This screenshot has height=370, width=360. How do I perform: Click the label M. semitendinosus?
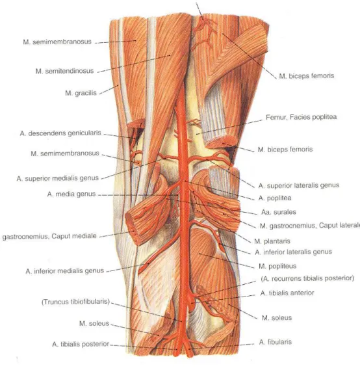(64, 71)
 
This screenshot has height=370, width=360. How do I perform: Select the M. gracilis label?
(81, 93)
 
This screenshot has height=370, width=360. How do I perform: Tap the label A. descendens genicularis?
(60, 133)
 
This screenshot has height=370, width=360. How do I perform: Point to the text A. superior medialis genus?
(58, 178)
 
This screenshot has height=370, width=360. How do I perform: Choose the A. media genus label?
(71, 194)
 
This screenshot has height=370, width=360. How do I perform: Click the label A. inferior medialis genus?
(64, 271)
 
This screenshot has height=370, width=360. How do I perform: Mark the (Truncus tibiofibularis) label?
(75, 302)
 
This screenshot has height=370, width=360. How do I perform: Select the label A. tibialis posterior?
(81, 344)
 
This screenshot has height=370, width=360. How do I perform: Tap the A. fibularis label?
(276, 342)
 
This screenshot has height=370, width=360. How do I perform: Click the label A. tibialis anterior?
(287, 293)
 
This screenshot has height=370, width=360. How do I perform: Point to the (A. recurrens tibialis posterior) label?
(307, 278)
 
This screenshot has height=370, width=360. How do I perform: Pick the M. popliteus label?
(277, 266)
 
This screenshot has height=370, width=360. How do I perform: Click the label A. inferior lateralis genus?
(293, 252)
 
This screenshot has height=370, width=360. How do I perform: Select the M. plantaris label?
(272, 241)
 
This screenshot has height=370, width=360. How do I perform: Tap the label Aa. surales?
(278, 212)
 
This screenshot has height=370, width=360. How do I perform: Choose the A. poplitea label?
(275, 198)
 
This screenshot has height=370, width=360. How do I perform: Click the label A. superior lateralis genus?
(299, 185)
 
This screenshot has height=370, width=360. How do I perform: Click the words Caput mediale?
(74, 236)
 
